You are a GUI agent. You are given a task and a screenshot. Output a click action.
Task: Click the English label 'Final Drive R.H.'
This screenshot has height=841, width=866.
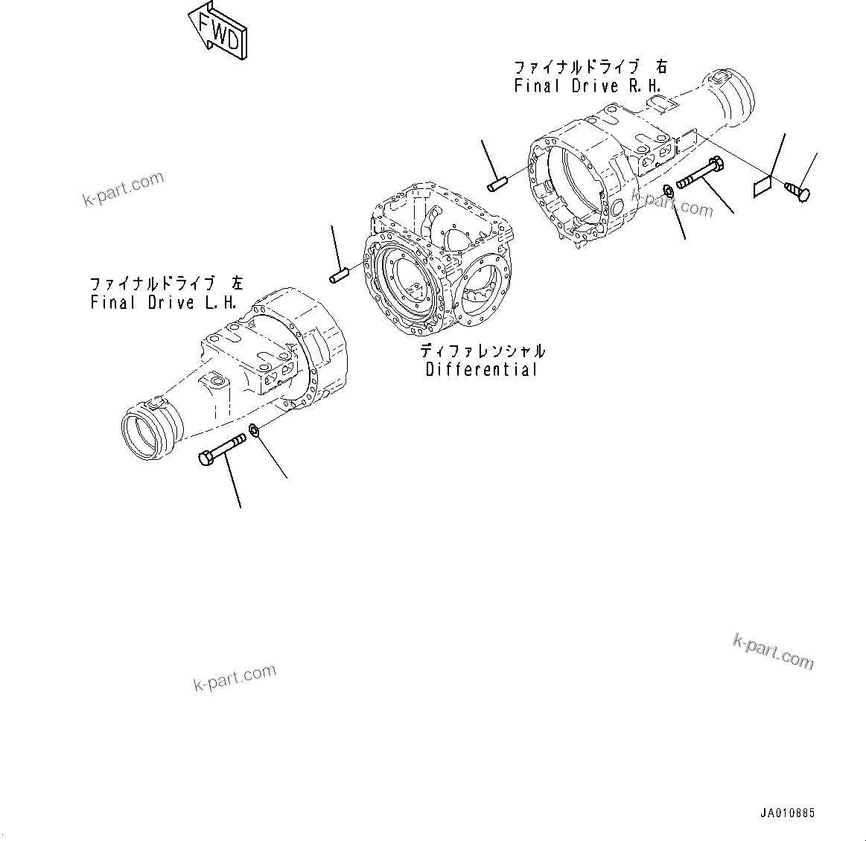pos(588,86)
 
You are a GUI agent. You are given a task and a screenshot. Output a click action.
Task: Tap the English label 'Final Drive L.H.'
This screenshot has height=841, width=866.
pos(164,302)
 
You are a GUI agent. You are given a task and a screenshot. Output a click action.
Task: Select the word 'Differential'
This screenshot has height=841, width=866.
pos(482,369)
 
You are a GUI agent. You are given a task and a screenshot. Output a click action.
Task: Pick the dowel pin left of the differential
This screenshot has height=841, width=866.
pos(340,275)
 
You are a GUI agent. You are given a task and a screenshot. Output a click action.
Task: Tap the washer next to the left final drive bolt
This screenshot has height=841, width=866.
pos(255,430)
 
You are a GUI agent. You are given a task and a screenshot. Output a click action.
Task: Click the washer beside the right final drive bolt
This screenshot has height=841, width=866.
pos(669,193)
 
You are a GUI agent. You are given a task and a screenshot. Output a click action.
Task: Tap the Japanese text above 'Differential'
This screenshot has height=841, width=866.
pos(482,351)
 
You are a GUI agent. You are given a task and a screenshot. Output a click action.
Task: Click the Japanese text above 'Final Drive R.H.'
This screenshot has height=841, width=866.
pos(590,67)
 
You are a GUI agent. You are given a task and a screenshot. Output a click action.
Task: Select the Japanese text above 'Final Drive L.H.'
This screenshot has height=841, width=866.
pos(166,284)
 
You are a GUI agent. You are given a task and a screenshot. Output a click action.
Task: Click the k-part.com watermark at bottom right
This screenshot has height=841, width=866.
pos(774,651)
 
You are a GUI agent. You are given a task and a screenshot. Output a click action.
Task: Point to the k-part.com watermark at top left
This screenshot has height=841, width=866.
pos(123,188)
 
